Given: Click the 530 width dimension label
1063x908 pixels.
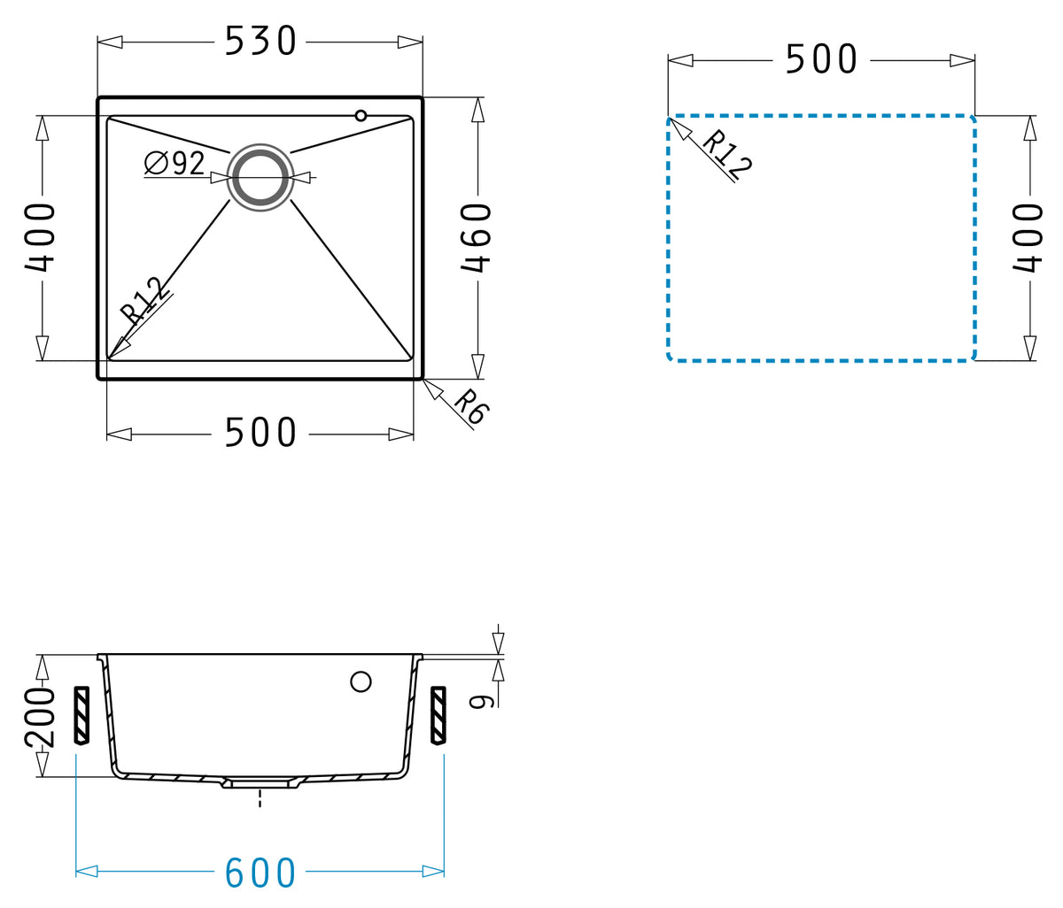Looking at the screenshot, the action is pos(260,41).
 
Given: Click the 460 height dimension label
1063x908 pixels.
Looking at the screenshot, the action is pos(476,238).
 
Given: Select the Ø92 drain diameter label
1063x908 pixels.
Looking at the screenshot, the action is pos(175,163).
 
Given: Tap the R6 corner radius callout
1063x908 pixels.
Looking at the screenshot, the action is pos(471,407).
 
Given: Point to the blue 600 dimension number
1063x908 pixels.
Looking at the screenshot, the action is pos(260,873).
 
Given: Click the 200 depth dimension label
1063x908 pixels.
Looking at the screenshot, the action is pos(40,718).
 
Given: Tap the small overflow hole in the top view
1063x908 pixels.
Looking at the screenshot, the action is pos(361,116).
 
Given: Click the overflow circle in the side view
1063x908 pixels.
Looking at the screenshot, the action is pos(361,681).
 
